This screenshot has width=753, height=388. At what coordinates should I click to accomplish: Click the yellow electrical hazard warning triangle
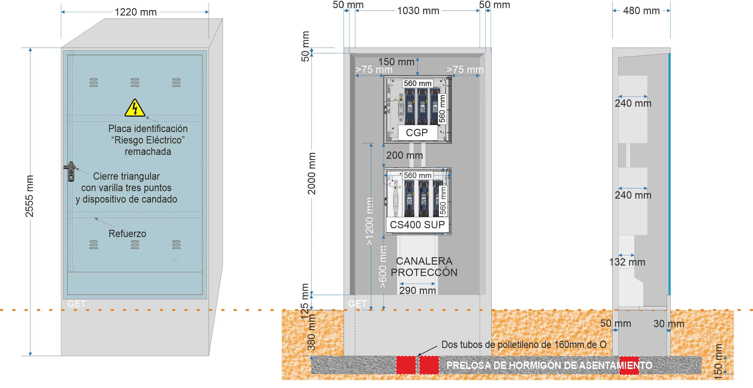135,108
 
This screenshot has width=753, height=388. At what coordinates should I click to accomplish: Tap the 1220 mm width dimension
136,12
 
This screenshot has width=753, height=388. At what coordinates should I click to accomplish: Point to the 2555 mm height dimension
29,196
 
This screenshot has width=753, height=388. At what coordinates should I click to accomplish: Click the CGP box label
417,133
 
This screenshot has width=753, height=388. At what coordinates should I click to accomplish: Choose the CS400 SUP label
417,225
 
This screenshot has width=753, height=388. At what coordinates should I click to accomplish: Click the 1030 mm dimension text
418,11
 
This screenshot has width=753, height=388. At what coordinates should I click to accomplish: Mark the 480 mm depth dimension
641,11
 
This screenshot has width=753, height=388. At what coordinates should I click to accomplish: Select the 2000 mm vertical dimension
312,173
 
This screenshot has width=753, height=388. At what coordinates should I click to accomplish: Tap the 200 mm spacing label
404,155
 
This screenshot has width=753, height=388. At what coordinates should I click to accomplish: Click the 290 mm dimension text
418,290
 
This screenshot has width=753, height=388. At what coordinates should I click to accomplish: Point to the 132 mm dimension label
627,262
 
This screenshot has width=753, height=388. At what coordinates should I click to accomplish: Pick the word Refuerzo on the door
127,234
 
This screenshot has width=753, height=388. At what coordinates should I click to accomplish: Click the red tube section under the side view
629,365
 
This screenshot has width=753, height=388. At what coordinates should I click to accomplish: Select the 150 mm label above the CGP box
396,62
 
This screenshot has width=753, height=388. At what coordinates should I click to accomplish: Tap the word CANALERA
424,261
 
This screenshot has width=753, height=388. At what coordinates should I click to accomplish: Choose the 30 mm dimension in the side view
669,324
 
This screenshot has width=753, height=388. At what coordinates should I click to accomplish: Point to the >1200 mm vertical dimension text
369,221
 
